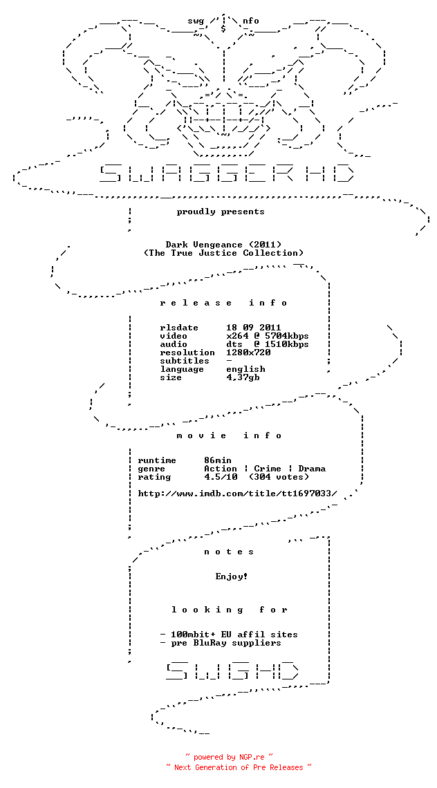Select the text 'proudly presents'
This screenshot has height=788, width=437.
tap(221, 212)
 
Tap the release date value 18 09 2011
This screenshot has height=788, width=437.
tap(254, 328)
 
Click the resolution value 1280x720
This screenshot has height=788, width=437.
tap(248, 353)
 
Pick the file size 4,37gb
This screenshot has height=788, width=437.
tap(243, 377)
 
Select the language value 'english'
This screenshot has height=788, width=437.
tap(245, 369)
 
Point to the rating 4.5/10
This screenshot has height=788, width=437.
tap(221, 477)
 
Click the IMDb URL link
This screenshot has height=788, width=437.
tap(237, 494)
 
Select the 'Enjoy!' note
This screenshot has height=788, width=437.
tap(232, 576)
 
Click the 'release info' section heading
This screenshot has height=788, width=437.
tap(223, 303)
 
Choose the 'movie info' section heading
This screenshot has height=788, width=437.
tap(229, 435)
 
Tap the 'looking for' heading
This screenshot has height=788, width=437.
tap(229, 610)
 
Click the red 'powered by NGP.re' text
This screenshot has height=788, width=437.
tap(229, 757)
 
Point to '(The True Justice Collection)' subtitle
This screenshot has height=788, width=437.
tap(223, 253)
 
